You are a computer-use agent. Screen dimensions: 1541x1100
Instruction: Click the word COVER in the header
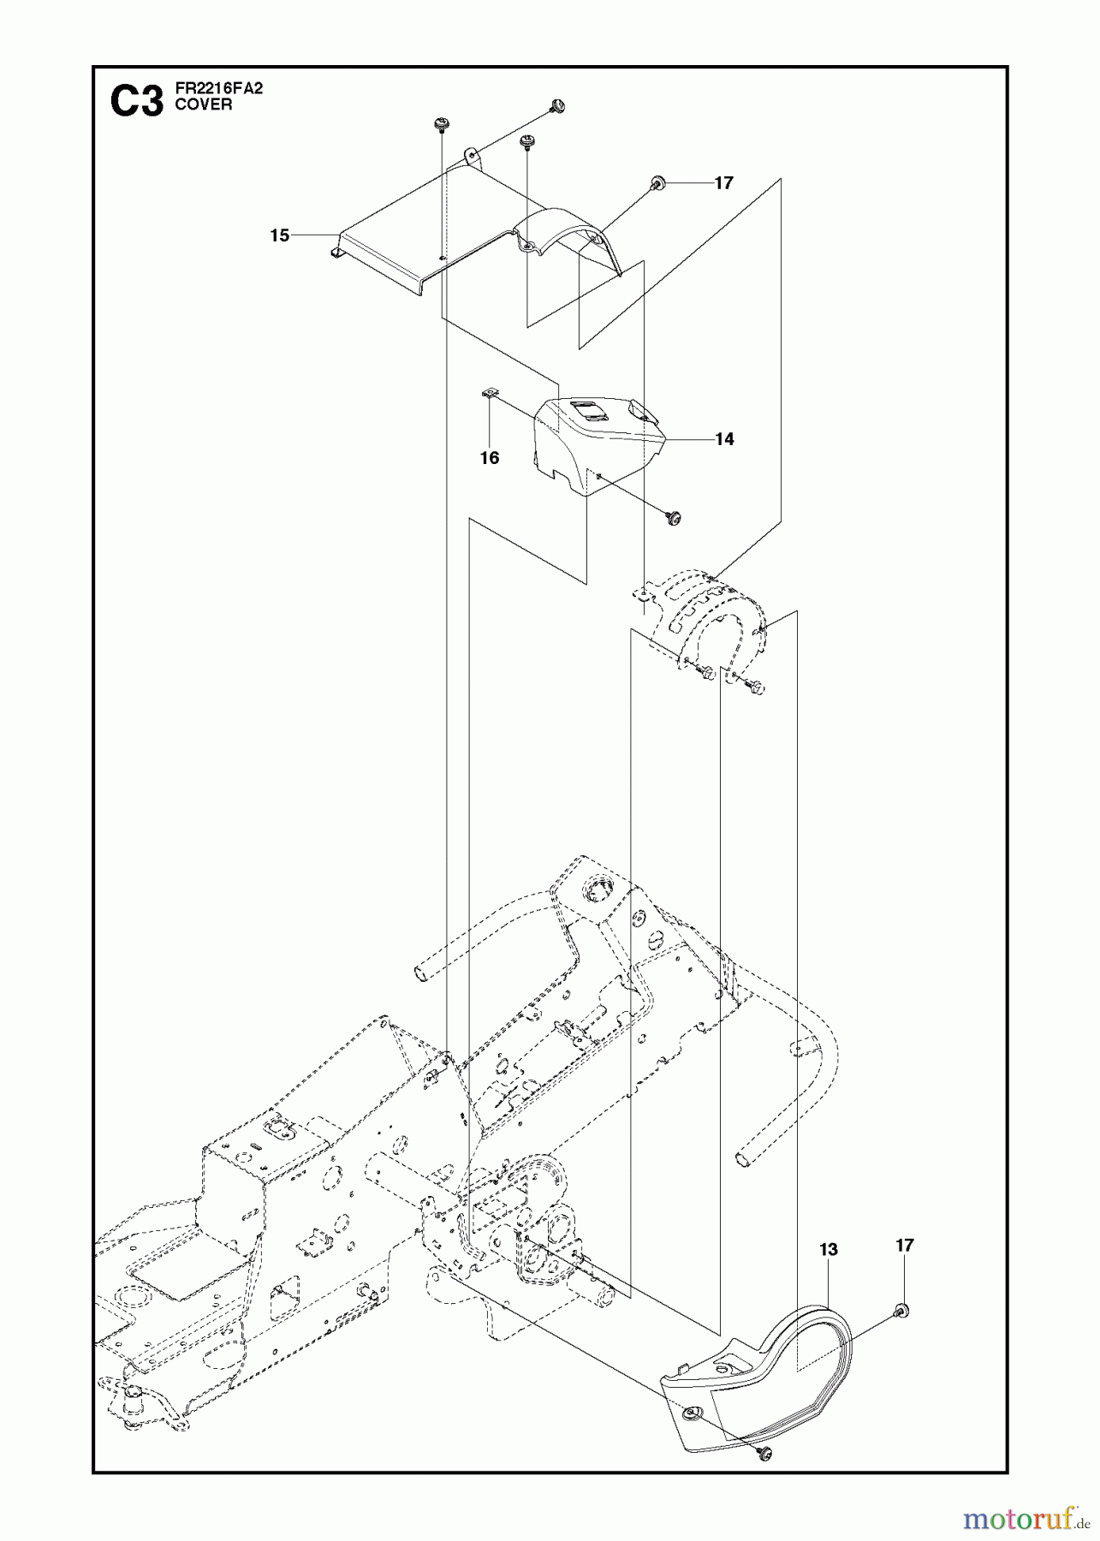198,105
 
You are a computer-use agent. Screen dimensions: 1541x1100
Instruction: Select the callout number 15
280,235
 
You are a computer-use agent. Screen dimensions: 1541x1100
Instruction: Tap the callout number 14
724,439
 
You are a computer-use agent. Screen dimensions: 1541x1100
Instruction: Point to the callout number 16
489,458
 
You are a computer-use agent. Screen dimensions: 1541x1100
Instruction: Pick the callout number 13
828,1249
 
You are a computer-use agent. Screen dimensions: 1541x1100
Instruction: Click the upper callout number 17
724,183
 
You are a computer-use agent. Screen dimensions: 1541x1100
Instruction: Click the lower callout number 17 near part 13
904,1245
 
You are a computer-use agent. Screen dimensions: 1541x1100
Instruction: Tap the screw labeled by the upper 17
658,181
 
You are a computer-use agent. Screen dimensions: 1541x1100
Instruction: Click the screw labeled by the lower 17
901,1311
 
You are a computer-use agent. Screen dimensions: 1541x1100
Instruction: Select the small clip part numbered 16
488,393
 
